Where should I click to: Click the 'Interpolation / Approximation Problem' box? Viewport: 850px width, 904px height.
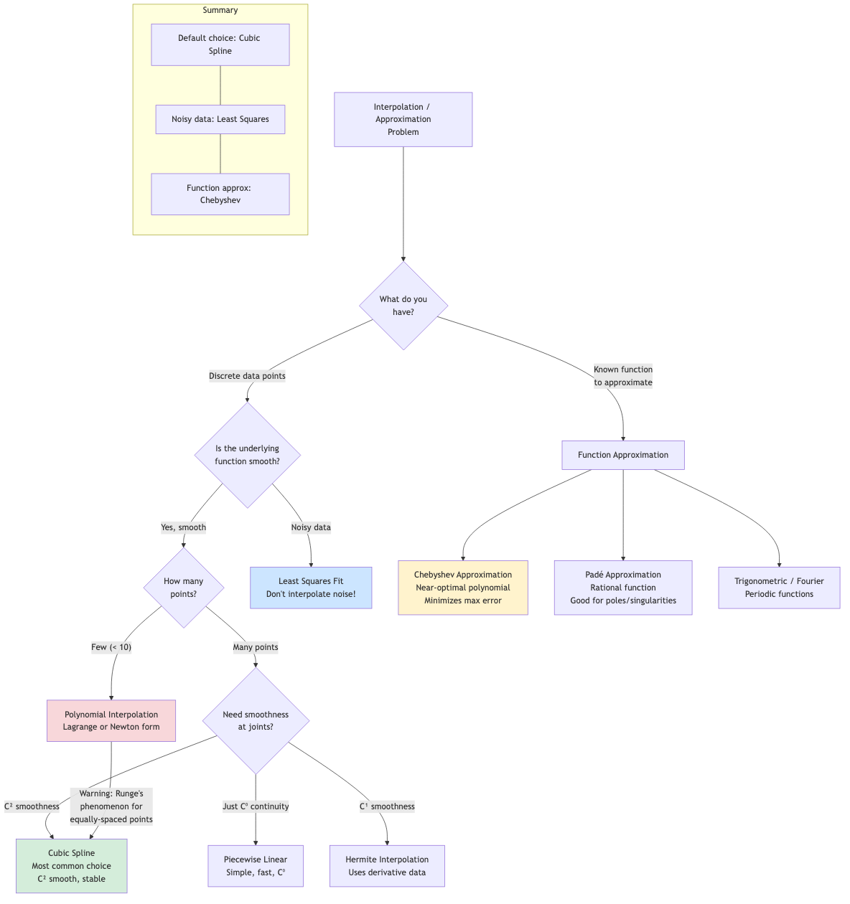tap(403, 119)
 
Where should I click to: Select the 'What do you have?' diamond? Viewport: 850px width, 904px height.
tap(403, 306)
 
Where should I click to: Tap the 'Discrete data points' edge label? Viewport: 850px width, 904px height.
tap(247, 376)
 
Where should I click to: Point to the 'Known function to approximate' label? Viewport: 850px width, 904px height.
tap(623, 376)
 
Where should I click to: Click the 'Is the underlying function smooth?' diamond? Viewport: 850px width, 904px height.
tap(247, 455)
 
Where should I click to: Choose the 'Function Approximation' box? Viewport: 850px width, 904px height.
tap(622, 455)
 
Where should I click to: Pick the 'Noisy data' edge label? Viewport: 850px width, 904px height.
tap(311, 527)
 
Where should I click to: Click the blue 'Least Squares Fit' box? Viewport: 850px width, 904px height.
tap(311, 588)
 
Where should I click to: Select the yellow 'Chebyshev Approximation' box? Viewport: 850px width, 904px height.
tap(463, 588)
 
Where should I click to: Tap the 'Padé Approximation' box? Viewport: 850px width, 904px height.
tap(622, 588)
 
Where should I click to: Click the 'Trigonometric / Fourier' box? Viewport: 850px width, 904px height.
tap(779, 588)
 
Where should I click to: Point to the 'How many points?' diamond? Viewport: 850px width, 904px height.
tap(184, 588)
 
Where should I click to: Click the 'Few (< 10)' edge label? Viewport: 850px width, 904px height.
tap(111, 647)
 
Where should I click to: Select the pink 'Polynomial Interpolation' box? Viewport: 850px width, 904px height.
tap(111, 720)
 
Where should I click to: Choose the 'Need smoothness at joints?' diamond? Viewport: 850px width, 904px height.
tap(256, 720)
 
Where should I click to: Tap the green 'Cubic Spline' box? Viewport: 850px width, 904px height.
tap(72, 866)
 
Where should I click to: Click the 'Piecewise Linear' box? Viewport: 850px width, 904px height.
tap(256, 866)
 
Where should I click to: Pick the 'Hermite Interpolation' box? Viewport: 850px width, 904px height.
tap(387, 866)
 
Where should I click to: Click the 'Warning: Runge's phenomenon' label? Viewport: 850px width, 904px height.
tap(111, 806)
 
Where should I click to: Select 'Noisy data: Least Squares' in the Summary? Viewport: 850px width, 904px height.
tap(220, 119)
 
